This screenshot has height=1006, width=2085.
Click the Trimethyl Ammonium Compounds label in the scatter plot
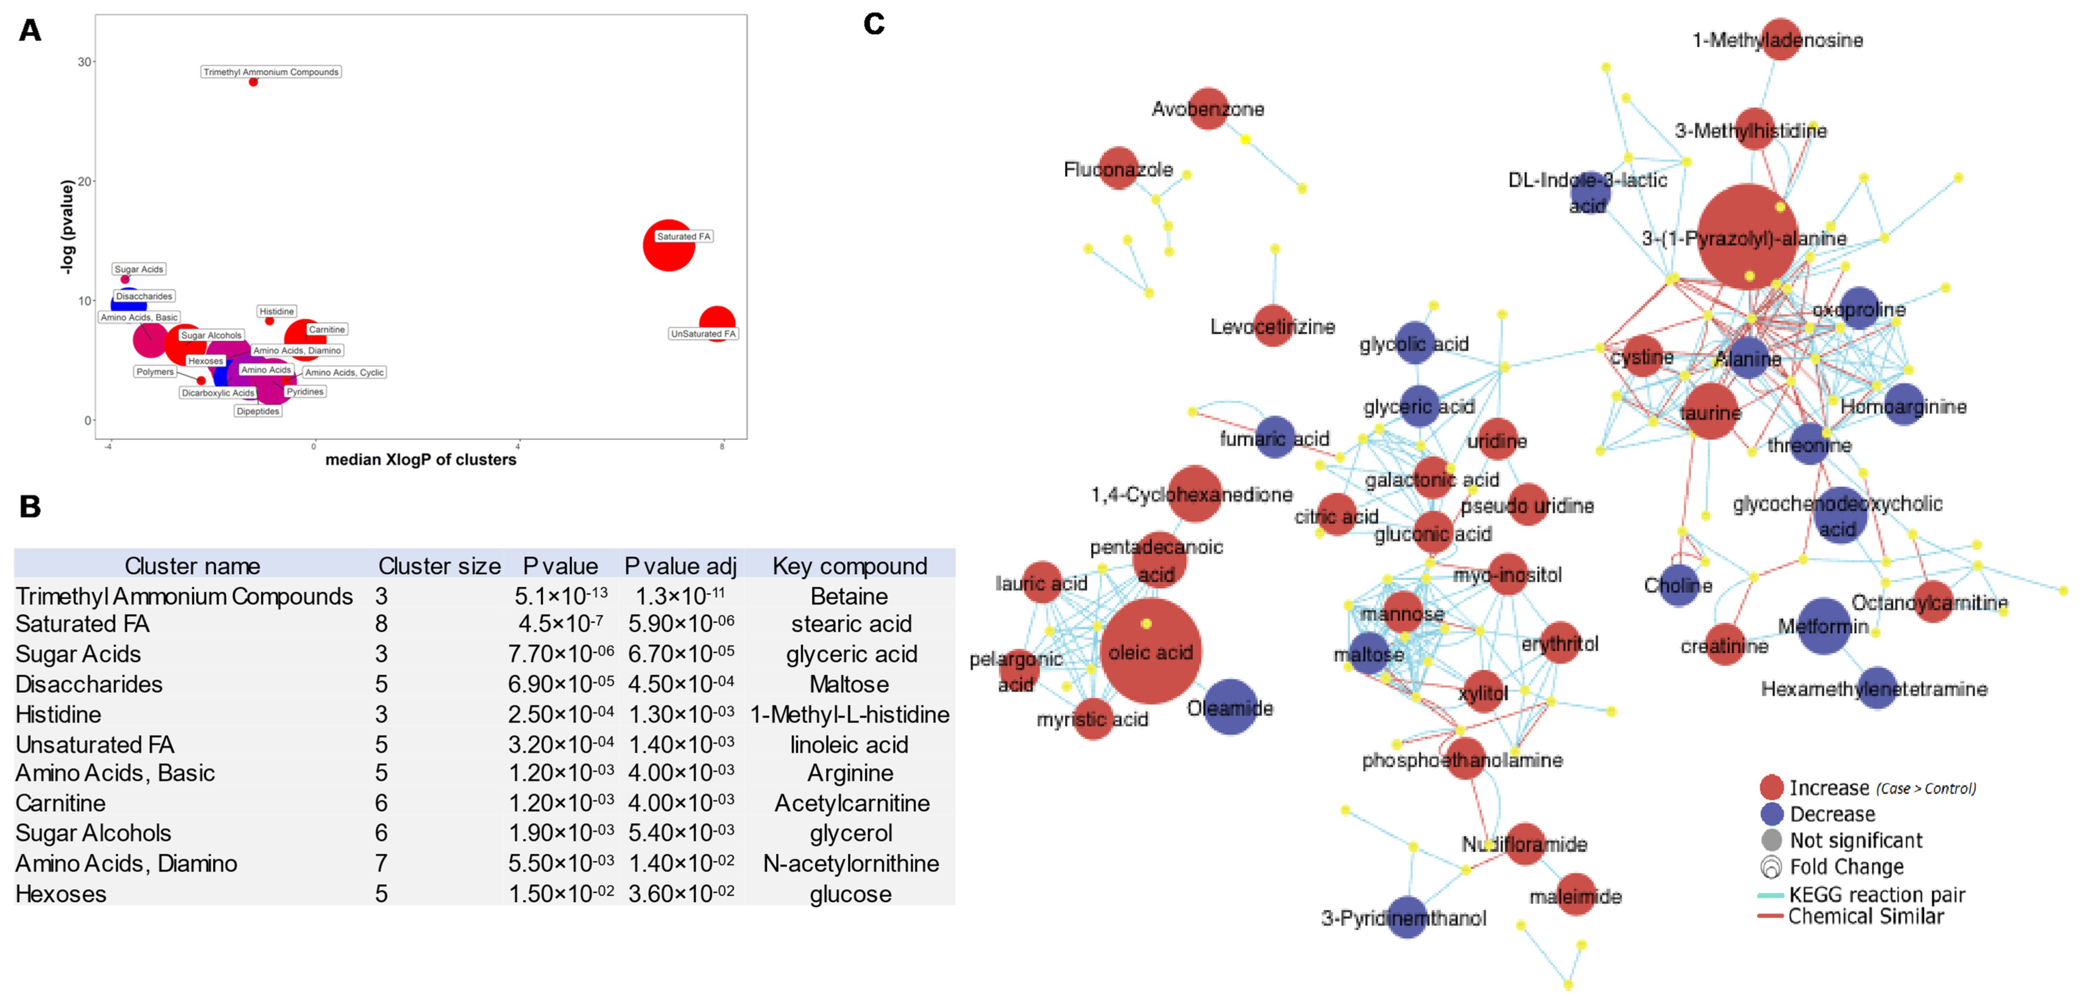click(x=271, y=72)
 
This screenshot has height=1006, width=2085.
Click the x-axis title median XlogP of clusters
click(x=420, y=460)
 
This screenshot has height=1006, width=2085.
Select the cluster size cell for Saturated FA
click(x=381, y=624)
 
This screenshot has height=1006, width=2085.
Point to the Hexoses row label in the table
click(x=61, y=894)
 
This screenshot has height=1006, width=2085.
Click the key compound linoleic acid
click(x=849, y=745)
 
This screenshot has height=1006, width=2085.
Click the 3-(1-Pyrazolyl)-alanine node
click(x=1747, y=236)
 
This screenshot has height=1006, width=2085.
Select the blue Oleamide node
click(x=1229, y=707)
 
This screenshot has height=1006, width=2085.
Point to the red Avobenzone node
click(x=1208, y=108)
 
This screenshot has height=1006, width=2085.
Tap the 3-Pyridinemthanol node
click(x=1407, y=918)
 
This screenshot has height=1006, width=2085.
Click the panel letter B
click(x=30, y=507)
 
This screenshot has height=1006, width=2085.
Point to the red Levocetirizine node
click(x=1273, y=326)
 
